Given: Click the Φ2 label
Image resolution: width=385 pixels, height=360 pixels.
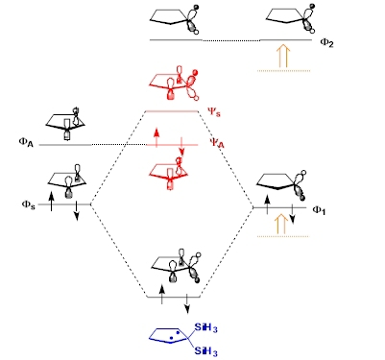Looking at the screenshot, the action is tap(326, 43).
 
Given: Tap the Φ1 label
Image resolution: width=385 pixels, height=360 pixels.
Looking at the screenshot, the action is tap(319, 210).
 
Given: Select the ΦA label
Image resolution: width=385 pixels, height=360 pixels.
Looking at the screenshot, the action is tap(26, 142).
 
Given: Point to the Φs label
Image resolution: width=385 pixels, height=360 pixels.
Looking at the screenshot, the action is tap(29, 204).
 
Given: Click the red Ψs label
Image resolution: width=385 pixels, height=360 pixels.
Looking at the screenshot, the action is tap(214, 112).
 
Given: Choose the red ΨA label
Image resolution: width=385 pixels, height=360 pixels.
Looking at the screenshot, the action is tap(217, 143).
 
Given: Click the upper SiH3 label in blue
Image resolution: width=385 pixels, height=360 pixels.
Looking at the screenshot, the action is tap(206, 328).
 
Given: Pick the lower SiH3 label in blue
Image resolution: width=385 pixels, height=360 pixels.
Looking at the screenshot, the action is tap(206, 351).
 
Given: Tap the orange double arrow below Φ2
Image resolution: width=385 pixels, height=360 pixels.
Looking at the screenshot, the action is tap(283, 56).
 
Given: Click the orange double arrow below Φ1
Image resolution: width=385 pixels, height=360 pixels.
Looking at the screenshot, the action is tap(281, 224).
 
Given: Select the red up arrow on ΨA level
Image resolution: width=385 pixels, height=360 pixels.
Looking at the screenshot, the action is tap(156, 138).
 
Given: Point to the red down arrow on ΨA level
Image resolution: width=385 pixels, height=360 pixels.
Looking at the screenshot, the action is tap(181, 147).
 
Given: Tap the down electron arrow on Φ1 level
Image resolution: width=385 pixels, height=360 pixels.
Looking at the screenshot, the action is tap(292, 214).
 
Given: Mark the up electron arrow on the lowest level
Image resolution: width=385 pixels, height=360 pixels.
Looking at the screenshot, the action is tap(162, 294).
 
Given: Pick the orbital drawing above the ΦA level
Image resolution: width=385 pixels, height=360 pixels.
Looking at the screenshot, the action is tap(66, 124).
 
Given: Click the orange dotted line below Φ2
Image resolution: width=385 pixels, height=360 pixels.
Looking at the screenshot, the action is tap(283, 70).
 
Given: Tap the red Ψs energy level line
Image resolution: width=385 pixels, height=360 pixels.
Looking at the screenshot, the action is tap(172, 111).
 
